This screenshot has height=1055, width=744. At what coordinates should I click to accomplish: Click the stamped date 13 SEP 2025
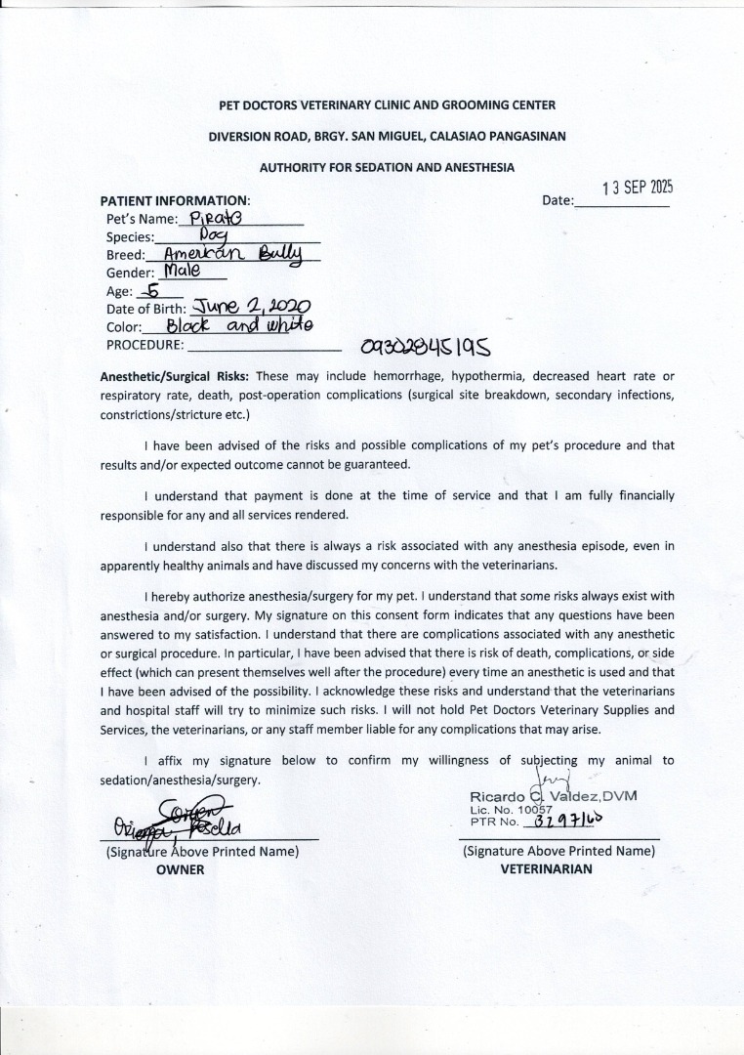pyautogui.click(x=638, y=188)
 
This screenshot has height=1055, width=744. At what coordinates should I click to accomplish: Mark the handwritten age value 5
pyautogui.click(x=153, y=290)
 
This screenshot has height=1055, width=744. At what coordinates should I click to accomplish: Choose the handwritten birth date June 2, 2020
pyautogui.click(x=252, y=308)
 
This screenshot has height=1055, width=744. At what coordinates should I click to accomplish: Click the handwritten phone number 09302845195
pyautogui.click(x=425, y=346)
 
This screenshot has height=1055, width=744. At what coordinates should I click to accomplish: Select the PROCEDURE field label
pyautogui.click(x=145, y=344)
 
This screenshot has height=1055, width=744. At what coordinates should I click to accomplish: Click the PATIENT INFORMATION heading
pyautogui.click(x=176, y=200)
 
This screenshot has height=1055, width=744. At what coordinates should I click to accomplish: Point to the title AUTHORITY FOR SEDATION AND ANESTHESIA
pyautogui.click(x=387, y=168)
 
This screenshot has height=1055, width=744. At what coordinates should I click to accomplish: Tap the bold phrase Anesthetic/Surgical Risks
pyautogui.click(x=176, y=376)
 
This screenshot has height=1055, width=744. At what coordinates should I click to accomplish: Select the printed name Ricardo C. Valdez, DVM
pyautogui.click(x=553, y=796)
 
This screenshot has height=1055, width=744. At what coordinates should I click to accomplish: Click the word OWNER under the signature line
pyautogui.click(x=180, y=869)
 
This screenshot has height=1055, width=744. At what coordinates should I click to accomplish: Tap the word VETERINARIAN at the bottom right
pyautogui.click(x=546, y=868)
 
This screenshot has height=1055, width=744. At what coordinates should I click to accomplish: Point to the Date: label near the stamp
pyautogui.click(x=558, y=200)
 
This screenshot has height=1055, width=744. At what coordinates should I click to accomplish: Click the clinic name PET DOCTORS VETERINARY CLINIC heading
pyautogui.click(x=388, y=105)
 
